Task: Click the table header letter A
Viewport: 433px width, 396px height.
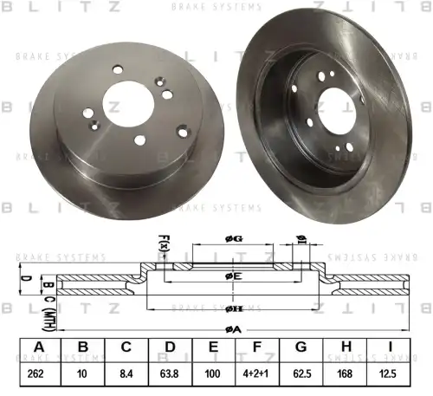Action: pos(36,348)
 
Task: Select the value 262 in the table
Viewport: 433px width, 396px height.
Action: pos(36,374)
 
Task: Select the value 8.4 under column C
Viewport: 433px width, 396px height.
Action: pos(126,374)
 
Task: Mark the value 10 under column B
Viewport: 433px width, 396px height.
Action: pos(82,374)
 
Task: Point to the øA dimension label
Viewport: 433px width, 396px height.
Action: pos(233,328)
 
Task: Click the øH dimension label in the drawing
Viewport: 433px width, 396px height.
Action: pos(233,308)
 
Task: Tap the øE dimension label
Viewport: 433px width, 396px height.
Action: pos(233,276)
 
